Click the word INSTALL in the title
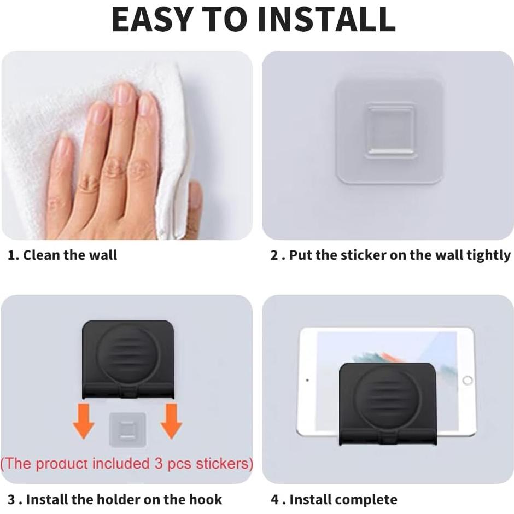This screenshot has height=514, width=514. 326,19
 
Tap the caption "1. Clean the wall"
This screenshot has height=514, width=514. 62,255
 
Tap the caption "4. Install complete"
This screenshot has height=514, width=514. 334,499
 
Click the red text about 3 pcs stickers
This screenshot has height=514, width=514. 127,464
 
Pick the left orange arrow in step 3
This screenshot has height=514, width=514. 84,422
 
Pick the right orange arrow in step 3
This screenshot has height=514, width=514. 171,422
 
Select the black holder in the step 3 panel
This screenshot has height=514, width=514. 128,358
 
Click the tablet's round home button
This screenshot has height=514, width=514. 467,380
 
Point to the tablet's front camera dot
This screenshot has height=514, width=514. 307,380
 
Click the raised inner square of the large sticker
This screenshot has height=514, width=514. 389,130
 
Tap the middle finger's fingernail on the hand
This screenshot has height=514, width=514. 124,94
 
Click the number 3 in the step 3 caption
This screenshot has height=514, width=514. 11,499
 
